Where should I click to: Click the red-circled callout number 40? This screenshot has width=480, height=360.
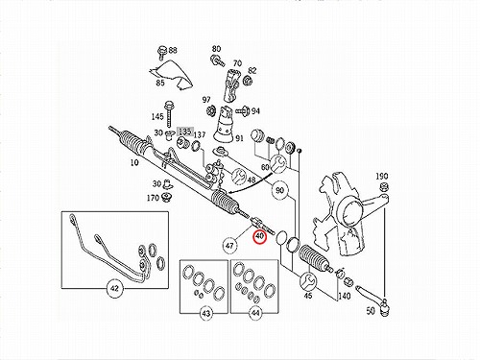point(259,237)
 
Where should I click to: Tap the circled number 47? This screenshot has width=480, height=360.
point(229,246)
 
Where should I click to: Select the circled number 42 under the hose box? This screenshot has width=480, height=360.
point(114,288)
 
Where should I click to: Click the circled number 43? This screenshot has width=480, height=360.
point(206,313)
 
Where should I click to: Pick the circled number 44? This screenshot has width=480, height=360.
point(255,313)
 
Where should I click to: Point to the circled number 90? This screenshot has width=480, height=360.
point(279,190)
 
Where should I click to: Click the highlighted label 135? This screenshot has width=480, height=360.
point(185,132)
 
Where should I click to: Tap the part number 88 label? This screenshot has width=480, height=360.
point(173,50)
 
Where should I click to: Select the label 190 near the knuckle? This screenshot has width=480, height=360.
point(382,176)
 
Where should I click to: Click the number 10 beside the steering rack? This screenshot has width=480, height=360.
point(134,162)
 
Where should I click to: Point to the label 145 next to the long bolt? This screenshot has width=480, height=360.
point(157,117)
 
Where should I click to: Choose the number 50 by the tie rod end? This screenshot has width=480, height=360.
point(371,311)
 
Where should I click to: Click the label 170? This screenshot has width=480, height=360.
point(153,198)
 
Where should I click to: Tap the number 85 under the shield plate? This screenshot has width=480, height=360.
point(160,83)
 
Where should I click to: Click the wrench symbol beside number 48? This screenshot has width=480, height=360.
point(239,177)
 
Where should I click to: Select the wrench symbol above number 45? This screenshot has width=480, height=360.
point(308,280)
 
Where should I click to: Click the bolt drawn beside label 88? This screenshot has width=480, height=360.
point(161,53)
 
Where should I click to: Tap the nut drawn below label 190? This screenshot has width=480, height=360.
point(384,186)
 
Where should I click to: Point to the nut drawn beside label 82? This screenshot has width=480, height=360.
point(247,80)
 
